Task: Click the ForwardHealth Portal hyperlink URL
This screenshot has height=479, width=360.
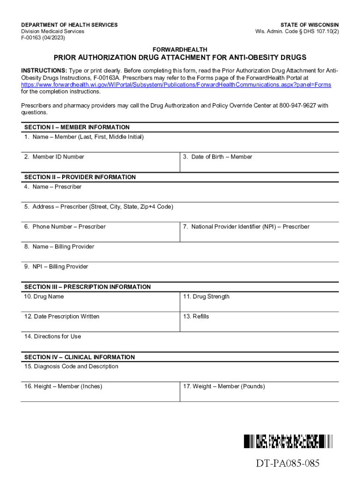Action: (176, 85)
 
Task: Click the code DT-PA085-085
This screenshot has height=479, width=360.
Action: (288, 464)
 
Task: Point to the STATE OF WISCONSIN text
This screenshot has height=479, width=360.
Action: (310, 25)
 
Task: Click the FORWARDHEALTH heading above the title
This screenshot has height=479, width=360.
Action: (180, 50)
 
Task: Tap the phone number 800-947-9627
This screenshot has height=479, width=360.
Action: (297, 106)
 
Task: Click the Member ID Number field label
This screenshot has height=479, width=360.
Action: (54, 157)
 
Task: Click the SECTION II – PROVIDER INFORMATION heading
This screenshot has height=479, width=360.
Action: (80, 177)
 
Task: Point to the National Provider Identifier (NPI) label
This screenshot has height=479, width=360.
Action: (246, 227)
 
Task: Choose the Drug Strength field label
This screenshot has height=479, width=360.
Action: (206, 297)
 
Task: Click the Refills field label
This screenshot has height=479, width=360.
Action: (196, 317)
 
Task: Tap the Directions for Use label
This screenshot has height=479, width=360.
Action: (52, 337)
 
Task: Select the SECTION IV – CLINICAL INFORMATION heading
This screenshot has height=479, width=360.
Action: (79, 357)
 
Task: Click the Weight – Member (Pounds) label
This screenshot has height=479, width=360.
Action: (224, 386)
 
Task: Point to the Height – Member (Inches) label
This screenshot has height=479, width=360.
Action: (63, 386)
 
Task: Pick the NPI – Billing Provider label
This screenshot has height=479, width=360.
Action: (56, 267)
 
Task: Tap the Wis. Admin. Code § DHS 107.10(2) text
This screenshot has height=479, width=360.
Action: (297, 31)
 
